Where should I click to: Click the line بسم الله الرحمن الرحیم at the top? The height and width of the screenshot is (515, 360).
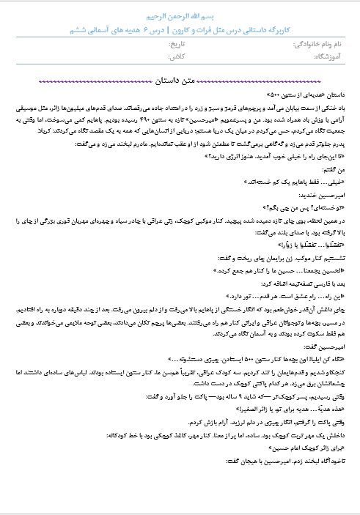coord(180,15)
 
